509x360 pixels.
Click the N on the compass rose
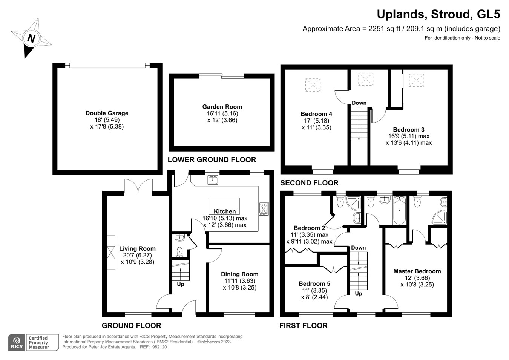coord(31,38)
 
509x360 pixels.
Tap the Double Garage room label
coord(107,113)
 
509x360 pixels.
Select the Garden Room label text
coord(222,107)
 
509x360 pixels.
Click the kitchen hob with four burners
coord(264,209)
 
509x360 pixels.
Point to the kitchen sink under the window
coord(213,180)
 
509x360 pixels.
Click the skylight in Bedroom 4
coord(313,85)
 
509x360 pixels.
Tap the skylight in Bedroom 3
coord(417,80)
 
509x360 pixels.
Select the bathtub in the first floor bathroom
coord(399,210)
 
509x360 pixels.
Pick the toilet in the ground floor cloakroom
coord(179,251)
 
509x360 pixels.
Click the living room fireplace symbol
coord(110,253)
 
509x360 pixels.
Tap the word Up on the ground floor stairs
coord(181,284)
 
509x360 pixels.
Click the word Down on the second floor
coord(359,103)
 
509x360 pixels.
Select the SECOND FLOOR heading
coord(309,183)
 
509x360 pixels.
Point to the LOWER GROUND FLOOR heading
coord(212,159)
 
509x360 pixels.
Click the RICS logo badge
coord(17,343)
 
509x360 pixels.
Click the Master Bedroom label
coord(417,271)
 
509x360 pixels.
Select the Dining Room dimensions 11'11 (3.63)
coord(239,281)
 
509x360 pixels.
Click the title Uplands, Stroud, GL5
coord(438,14)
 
